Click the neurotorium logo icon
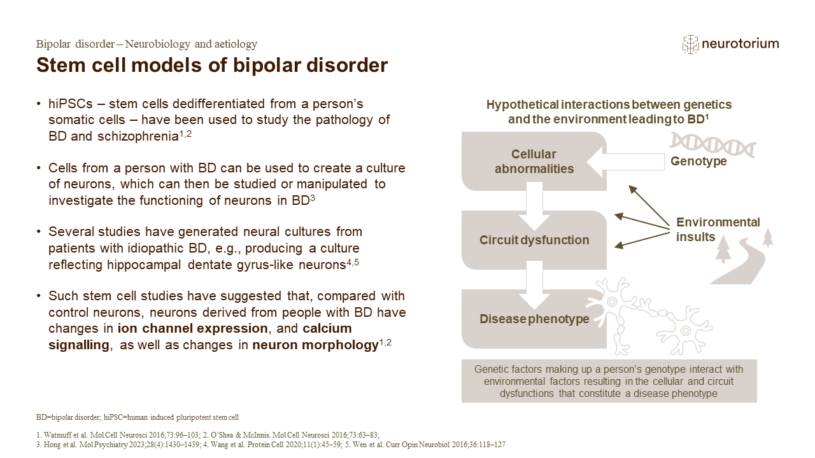tap(690, 44)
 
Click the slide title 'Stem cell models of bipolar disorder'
tap(212, 66)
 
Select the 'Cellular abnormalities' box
tap(534, 162)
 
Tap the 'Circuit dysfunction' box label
tap(534, 240)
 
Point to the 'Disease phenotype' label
tap(534, 319)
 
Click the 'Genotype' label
tap(698, 162)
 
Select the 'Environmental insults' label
tap(718, 230)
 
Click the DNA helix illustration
tap(712, 144)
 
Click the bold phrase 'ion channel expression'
tap(192, 328)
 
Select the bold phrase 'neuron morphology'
tap(315, 345)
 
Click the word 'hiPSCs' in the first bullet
tap(69, 103)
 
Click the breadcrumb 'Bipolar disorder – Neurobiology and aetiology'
tap(146, 44)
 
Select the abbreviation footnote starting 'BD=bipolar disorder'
tap(137, 418)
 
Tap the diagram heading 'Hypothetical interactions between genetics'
tap(609, 105)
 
